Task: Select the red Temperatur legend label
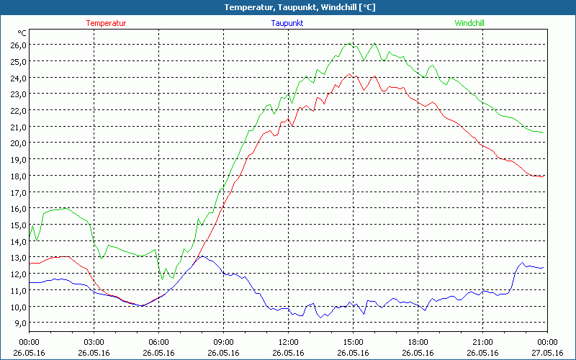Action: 106,23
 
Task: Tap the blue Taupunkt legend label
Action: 287,23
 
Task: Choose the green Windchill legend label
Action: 469,23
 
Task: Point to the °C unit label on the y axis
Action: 22,33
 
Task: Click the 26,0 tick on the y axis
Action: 17,45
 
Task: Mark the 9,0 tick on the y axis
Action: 17,323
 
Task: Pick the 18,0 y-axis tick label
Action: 17,176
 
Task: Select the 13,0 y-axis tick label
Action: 17,258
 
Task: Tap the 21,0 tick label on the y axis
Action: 17,127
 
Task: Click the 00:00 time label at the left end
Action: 29,342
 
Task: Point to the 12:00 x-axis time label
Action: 288,342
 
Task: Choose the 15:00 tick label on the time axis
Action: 353,342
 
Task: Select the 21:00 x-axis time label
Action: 482,342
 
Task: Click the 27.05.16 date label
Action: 547,353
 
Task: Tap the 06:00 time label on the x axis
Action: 158,342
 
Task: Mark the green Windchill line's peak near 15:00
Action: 349,43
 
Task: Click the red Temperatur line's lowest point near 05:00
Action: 143,306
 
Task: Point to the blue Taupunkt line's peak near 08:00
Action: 202,256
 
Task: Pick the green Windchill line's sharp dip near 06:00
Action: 162,279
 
